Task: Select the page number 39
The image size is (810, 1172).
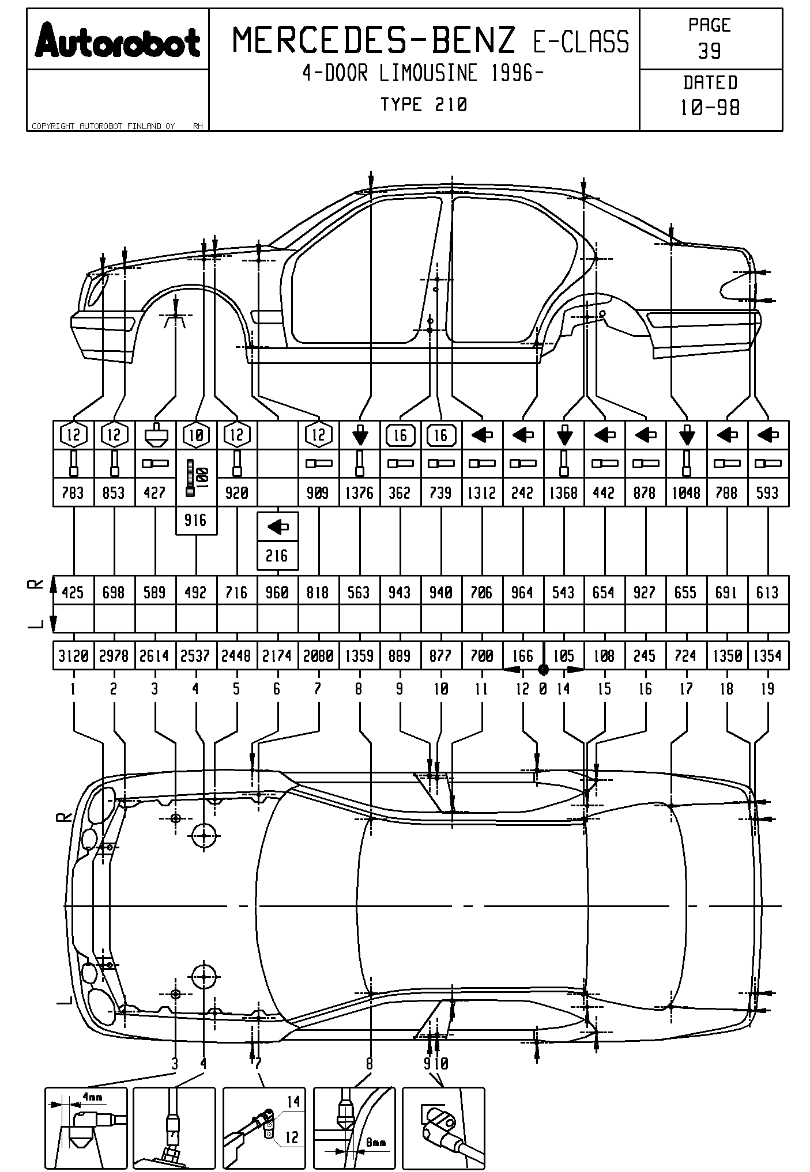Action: tap(710, 51)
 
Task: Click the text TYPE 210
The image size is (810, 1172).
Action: tap(424, 104)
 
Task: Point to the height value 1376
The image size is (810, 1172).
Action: tap(359, 493)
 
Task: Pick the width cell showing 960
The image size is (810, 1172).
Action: tap(277, 593)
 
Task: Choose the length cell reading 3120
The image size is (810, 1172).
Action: tap(73, 656)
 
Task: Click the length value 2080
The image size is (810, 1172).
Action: tap(318, 656)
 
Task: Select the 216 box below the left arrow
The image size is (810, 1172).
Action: tap(277, 556)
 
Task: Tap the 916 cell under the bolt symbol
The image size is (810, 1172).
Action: tap(196, 521)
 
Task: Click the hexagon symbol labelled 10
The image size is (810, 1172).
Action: tap(196, 435)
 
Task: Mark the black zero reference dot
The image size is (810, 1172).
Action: tap(542, 669)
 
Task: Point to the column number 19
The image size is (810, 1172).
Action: tap(767, 689)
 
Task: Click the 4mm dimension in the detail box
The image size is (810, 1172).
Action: tap(92, 1098)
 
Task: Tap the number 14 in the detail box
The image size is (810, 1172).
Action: tap(293, 1102)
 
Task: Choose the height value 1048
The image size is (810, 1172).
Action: tap(686, 493)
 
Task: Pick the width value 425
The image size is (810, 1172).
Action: tap(73, 593)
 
